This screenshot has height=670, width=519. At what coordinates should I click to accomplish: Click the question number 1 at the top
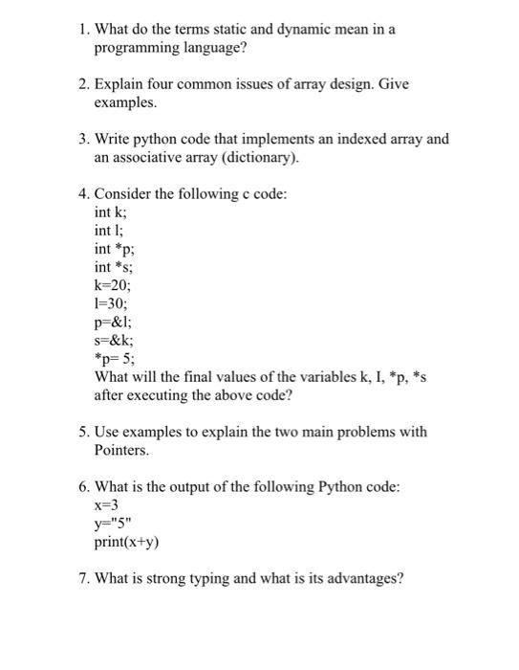[x=83, y=29]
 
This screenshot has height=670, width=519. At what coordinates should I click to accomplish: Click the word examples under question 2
[x=124, y=101]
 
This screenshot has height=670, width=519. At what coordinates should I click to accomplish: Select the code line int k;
[x=110, y=212]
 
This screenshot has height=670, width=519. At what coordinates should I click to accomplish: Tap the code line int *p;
[x=113, y=249]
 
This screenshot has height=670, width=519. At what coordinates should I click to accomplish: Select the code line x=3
[x=106, y=504]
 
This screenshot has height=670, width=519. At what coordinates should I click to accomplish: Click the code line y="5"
[x=111, y=523]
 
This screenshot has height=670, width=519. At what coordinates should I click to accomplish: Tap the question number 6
[x=83, y=486]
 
